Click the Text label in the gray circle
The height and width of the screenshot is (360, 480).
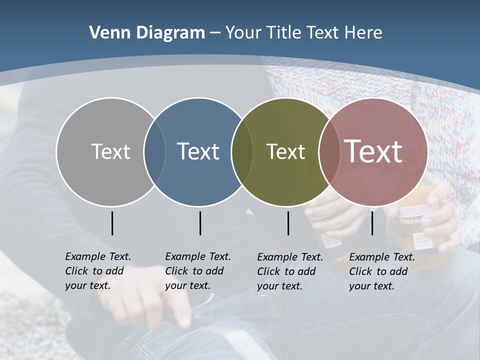(x=110, y=151)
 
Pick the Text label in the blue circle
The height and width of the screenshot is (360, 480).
(x=198, y=151)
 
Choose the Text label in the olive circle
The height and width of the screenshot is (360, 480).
(x=285, y=151)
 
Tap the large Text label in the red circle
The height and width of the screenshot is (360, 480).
(x=373, y=151)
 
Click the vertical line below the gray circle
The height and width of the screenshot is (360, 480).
(x=112, y=223)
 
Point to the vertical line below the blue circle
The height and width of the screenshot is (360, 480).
(x=200, y=223)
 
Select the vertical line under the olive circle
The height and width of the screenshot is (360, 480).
(x=288, y=223)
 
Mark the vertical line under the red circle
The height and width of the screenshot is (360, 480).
(x=372, y=223)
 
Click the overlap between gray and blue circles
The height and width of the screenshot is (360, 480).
(x=154, y=151)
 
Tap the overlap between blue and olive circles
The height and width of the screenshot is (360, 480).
(x=242, y=151)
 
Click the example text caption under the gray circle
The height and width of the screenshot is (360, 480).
(x=98, y=271)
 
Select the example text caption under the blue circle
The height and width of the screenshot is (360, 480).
(x=198, y=271)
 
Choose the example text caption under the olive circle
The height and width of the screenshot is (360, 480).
(x=290, y=271)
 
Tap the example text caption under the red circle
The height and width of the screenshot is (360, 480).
(x=382, y=271)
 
